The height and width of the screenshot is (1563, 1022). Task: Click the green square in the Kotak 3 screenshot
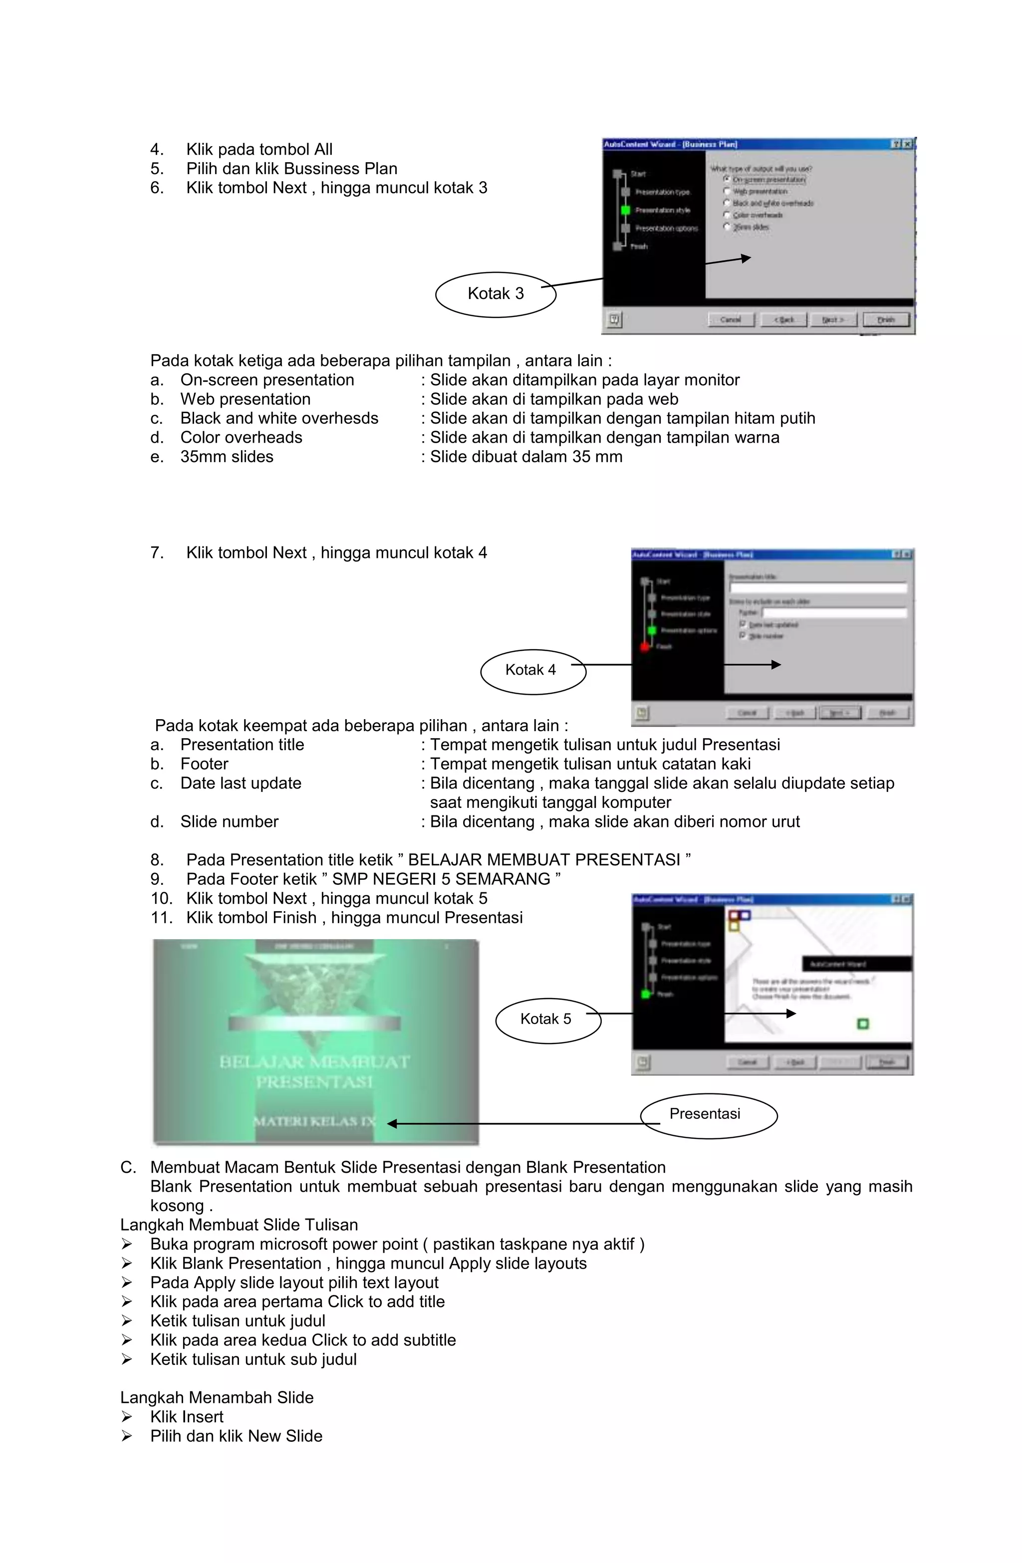point(625,210)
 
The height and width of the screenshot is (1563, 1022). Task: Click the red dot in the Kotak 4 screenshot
point(645,647)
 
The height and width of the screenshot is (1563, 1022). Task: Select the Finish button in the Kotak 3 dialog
point(886,320)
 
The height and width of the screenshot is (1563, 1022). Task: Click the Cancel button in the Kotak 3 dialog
point(731,320)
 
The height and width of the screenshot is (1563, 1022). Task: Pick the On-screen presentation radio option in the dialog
point(727,179)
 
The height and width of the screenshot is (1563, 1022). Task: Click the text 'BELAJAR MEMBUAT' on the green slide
point(314,1062)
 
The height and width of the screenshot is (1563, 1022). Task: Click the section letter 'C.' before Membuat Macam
point(128,1168)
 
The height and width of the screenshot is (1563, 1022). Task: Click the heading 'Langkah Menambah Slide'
point(217,1397)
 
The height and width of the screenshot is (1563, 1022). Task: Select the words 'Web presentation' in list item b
point(245,399)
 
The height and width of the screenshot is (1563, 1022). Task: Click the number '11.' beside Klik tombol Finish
point(161,918)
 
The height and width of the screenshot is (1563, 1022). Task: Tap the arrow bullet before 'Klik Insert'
point(127,1417)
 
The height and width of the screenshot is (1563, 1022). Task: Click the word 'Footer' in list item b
point(204,765)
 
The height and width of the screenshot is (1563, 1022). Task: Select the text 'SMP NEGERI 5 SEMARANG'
point(441,879)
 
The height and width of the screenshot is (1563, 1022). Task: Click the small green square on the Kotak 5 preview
point(862,1024)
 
